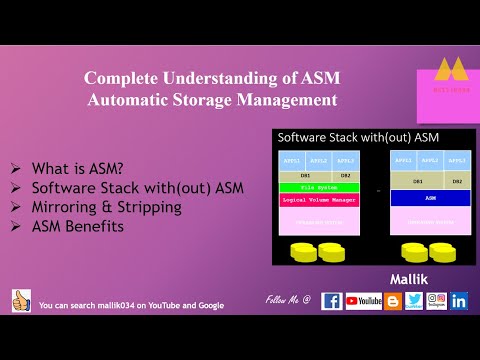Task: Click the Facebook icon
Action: pos(331,300)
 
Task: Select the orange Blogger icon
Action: pos(393,300)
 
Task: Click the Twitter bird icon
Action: pos(414,300)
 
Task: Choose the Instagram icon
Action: pos(436,300)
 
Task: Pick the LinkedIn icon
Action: pos(459,300)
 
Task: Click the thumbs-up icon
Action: pos(21,300)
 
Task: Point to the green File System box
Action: pos(320,187)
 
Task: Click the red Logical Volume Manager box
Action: pos(320,200)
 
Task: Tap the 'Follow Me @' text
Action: pos(289,300)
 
